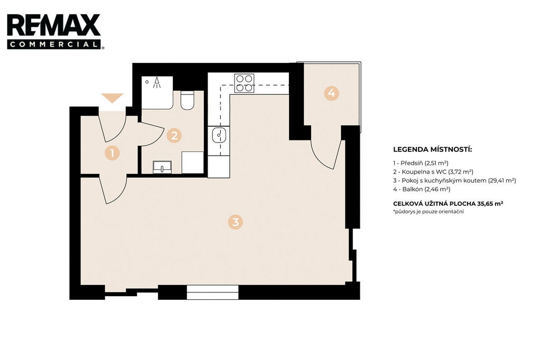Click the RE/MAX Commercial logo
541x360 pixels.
[54, 31]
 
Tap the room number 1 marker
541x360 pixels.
[112, 153]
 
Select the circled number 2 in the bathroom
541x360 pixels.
[174, 136]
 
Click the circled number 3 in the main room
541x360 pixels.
[235, 222]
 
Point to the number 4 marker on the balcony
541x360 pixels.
[331, 93]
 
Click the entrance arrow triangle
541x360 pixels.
[112, 98]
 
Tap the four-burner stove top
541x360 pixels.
[244, 83]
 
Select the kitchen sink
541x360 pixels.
[219, 135]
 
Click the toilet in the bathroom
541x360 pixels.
[188, 100]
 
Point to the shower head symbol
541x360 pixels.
[157, 82]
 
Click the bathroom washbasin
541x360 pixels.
[162, 167]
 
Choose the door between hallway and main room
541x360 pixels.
[114, 190]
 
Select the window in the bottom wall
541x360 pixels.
[212, 292]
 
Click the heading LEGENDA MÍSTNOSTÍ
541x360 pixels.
[432, 150]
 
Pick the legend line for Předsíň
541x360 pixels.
[421, 163]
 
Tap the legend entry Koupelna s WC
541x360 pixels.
[433, 172]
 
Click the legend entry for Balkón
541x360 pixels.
[422, 189]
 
